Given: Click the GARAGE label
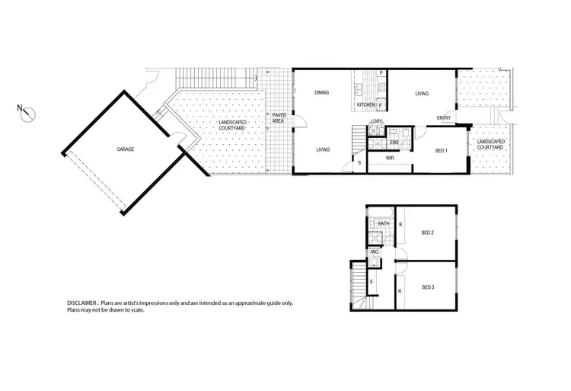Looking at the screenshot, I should (x=126, y=149).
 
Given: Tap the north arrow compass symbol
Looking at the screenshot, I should (x=28, y=114).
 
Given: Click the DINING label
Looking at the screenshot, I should (x=322, y=94).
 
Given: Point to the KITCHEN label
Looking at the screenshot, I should (x=366, y=104).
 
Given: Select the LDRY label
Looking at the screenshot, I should (x=376, y=121).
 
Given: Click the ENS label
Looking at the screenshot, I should (x=394, y=143).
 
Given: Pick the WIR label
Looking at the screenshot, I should (x=390, y=159).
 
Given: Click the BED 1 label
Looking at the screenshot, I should (x=440, y=151).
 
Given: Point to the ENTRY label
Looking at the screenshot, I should (x=444, y=117).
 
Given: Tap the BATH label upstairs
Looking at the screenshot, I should (x=383, y=224).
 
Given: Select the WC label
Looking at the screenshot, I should (x=375, y=251).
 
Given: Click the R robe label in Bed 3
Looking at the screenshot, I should (x=400, y=291).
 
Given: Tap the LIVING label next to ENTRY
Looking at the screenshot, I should (x=421, y=94).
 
